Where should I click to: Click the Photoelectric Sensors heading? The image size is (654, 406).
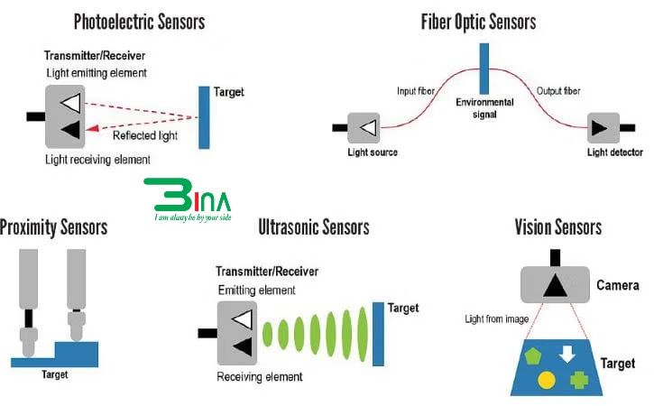tap(139, 20)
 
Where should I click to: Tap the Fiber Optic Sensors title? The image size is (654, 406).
tap(478, 20)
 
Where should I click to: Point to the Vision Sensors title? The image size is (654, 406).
tap(557, 226)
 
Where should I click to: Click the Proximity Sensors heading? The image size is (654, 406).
tap(54, 226)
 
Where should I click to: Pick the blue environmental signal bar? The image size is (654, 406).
tap(484, 68)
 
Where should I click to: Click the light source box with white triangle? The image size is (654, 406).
tap(365, 128)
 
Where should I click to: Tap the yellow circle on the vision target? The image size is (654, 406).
tap(546, 381)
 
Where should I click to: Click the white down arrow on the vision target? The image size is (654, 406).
tap(567, 354)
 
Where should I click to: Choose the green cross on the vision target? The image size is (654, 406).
tap(578, 380)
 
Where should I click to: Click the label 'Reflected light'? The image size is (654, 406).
tap(145, 136)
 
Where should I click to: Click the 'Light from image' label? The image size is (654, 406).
tap(495, 318)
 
